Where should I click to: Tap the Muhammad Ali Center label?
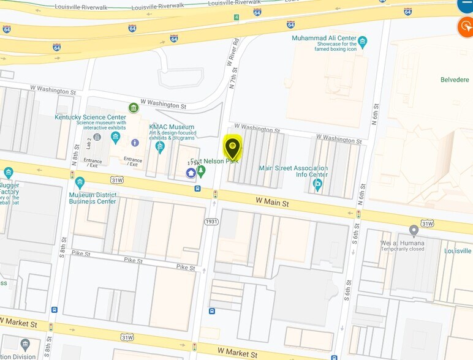click(324, 38)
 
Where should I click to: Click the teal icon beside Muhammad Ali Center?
click(363, 42)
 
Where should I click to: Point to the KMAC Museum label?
click(172, 127)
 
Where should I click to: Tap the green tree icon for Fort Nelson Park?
click(200, 170)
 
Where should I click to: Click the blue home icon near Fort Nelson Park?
click(191, 173)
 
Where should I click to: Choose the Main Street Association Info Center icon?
click(317, 184)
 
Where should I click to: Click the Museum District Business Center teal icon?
click(80, 182)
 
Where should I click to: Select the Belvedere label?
click(454, 80)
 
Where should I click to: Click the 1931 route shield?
click(211, 221)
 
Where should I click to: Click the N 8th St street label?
click(75, 156)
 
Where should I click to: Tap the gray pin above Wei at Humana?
click(414, 230)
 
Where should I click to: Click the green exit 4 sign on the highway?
click(236, 17)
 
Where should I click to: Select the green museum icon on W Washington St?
click(134, 108)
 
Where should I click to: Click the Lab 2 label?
click(89, 143)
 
